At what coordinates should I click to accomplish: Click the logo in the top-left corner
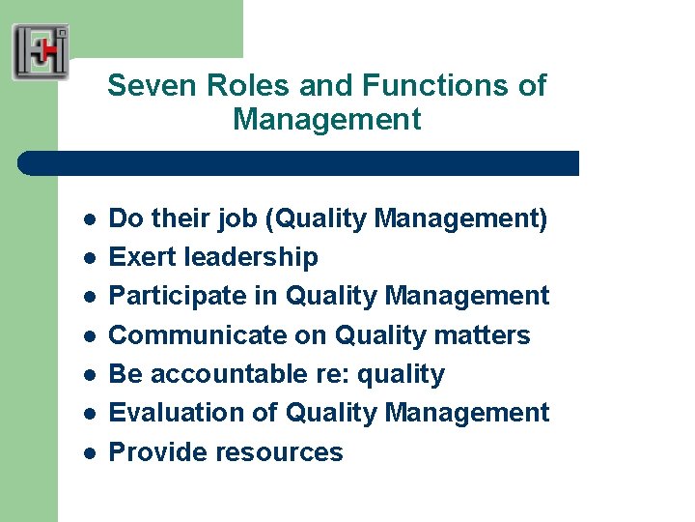tap(41, 51)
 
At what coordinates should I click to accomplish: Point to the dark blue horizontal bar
tap(299, 162)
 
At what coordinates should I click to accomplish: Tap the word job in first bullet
tap(245, 219)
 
